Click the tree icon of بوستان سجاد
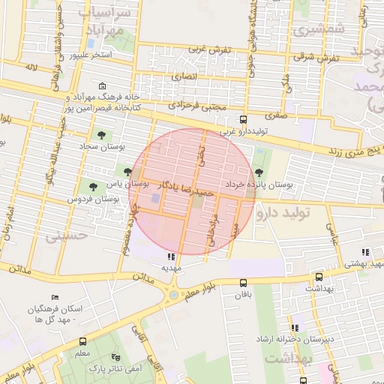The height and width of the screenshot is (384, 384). [x=101, y=136]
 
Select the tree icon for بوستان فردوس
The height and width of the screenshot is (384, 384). [x=93, y=187]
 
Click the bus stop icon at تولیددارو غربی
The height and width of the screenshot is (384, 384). [x=242, y=119]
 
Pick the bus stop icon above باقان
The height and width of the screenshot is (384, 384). [x=242, y=283]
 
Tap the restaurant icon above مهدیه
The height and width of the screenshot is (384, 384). [x=164, y=257]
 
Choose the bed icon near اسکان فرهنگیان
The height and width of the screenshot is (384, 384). [x=53, y=298]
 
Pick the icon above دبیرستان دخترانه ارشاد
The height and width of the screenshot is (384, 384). [x=295, y=328]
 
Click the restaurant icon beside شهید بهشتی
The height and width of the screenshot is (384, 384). [x=365, y=252]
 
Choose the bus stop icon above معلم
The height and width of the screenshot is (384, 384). [x=82, y=340]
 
